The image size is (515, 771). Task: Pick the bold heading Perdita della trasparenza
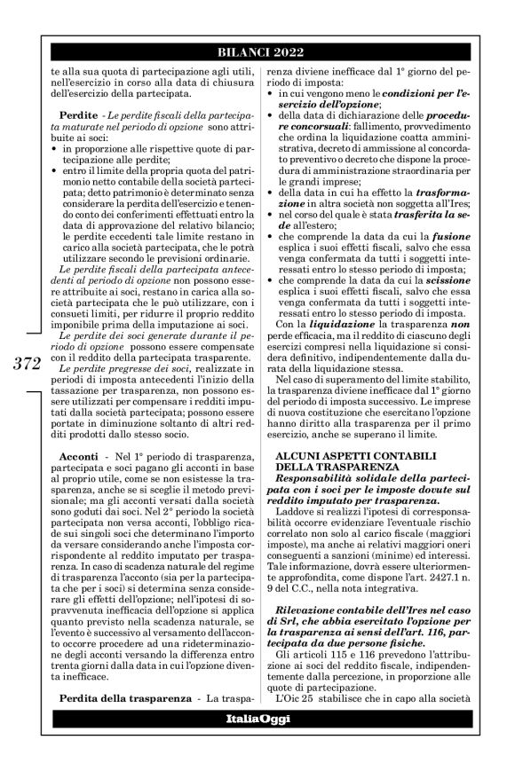click(x=136, y=698)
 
